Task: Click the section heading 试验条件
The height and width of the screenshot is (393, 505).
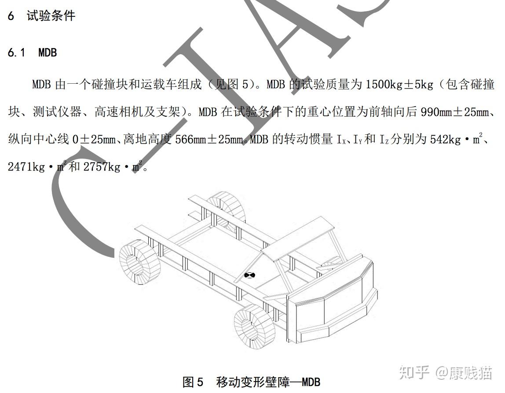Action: (x=51, y=16)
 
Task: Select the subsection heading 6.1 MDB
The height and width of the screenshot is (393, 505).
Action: (x=33, y=53)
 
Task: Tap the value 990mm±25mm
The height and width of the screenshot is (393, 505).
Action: (x=457, y=112)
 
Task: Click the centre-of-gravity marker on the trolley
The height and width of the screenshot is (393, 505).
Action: (x=250, y=275)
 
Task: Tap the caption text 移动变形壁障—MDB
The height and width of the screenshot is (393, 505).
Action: (x=268, y=381)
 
